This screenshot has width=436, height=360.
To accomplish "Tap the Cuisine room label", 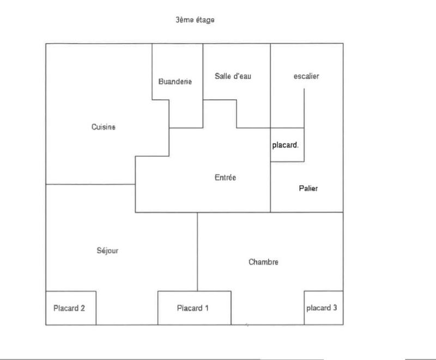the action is (104, 127).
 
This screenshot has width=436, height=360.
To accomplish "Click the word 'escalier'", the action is (306, 76).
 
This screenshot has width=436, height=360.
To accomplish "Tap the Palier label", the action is (308, 188).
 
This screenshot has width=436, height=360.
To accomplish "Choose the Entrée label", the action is (225, 178).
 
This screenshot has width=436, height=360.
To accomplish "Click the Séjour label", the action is (107, 251).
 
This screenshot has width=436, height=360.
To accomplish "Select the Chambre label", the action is (263, 262).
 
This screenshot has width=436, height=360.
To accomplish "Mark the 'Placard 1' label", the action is (193, 308).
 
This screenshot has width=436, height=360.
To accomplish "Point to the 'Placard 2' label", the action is (69, 308).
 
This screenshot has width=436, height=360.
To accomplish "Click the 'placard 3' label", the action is (322, 308).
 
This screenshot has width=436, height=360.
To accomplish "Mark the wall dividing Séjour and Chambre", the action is (197, 251).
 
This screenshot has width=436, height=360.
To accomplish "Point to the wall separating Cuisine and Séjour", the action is (90, 185).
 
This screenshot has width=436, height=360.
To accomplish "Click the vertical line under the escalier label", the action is (304, 109).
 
